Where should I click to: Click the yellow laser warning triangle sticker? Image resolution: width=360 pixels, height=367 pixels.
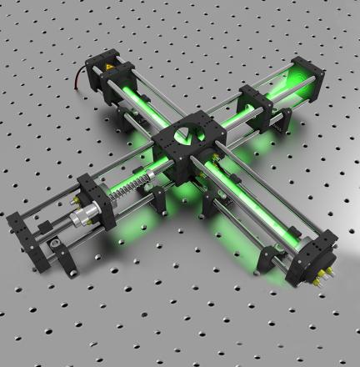pos(110,68)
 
